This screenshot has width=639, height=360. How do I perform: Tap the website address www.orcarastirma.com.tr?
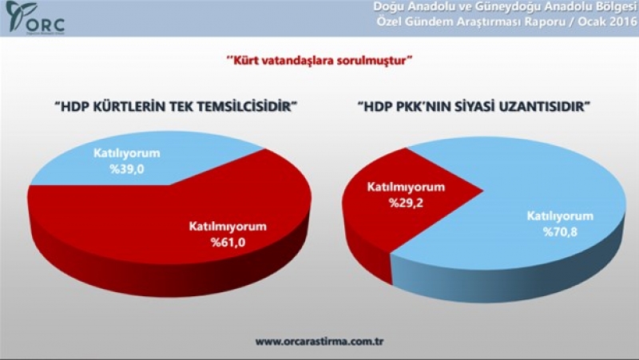tap(319, 341)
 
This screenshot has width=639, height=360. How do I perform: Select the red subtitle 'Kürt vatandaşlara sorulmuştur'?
tap(319, 61)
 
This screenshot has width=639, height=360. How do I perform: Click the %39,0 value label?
tap(127, 169)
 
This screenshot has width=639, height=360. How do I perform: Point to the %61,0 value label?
tap(228, 243)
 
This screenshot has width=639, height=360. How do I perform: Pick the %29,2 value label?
tap(406, 203)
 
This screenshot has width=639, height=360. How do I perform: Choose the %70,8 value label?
tap(560, 232)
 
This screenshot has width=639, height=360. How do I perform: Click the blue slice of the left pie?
tap(134, 163)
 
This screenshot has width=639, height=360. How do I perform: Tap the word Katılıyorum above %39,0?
tap(127, 153)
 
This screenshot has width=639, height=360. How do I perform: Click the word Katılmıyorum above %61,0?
tap(228, 227)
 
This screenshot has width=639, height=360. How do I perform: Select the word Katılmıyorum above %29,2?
tap(406, 188)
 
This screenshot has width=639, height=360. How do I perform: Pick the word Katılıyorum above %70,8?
tap(560, 216)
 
